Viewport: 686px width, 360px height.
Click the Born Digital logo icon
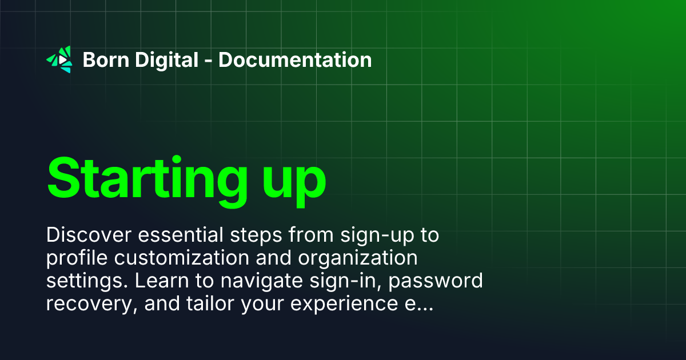(59, 59)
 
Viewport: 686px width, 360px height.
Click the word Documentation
(295, 59)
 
